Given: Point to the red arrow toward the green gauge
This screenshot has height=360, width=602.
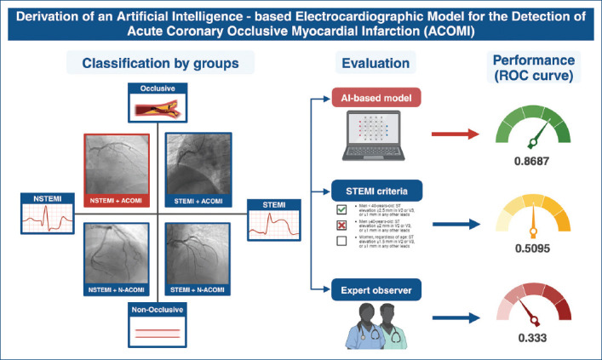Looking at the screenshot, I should [x=454, y=134].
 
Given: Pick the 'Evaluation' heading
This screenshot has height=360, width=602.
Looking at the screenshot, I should [x=371, y=64].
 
